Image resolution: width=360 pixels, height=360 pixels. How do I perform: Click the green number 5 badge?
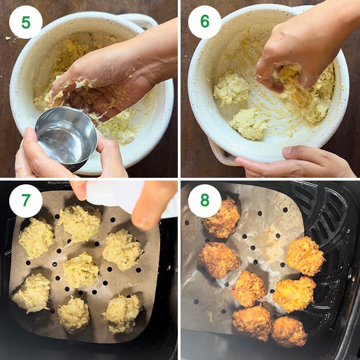click(26, 22)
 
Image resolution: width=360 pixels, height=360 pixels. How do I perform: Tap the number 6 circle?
click(205, 22)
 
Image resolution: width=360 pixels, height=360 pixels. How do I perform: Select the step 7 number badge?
click(26, 201)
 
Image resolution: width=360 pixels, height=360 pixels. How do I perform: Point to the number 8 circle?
click(205, 201)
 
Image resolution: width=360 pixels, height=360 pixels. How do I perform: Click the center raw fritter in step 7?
click(81, 270)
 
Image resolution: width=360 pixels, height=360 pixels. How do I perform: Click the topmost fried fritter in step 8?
click(222, 218)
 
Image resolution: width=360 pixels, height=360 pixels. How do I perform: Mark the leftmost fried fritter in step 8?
click(218, 260)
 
